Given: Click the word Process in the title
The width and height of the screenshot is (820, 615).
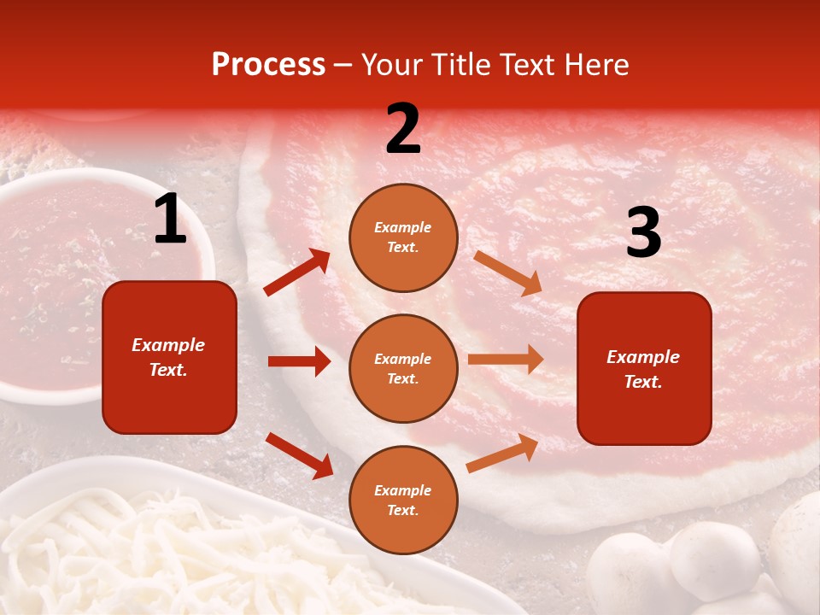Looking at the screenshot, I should pos(268,65).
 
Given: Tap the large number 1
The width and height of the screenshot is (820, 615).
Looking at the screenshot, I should pos(170,220).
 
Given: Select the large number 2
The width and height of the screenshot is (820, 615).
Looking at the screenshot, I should pos(403,129).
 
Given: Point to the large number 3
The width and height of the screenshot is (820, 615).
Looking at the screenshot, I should pos(643,232).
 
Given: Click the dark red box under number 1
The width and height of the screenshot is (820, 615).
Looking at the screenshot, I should pos(169,357).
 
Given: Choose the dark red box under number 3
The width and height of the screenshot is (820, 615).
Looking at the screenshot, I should pos(643,368).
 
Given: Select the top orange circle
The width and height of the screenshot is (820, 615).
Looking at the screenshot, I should pos(403,237).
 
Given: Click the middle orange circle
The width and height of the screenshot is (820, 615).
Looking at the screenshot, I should pos(403,368).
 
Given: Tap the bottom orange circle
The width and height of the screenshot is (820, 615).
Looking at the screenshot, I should pos(403,500).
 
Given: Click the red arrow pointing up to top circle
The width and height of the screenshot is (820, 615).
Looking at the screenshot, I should pos(297,272).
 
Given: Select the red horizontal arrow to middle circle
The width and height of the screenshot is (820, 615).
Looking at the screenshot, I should pos(299,361).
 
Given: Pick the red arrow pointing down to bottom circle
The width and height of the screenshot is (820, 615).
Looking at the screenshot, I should pos(299,454).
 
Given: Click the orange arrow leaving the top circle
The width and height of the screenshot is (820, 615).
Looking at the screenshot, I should pos(507,272).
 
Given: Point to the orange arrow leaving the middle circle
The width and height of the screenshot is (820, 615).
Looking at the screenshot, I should pos(506,360).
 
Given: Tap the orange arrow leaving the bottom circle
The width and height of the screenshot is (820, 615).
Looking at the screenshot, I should pos(502,454).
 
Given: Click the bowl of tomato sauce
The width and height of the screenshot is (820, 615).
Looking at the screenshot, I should pos(85,282).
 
